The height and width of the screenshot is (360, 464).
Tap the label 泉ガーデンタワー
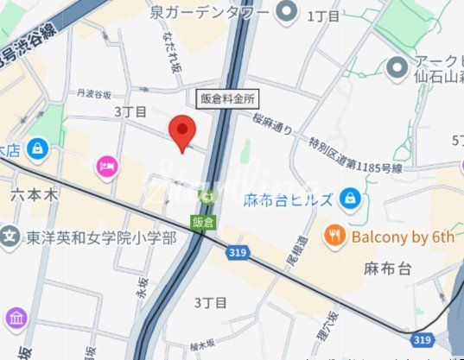210,12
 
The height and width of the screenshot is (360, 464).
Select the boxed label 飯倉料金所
228,98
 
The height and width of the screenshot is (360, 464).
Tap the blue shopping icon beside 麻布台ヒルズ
349,199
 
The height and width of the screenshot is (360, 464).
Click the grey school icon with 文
10,236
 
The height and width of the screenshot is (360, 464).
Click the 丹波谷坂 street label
96,94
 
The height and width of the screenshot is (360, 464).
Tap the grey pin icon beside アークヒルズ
397,66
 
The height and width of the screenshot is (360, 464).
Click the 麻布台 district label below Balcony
381,269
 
